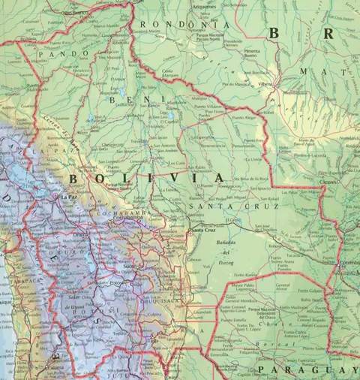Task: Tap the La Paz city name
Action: tap(69, 198)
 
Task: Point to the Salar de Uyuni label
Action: tap(78, 296)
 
